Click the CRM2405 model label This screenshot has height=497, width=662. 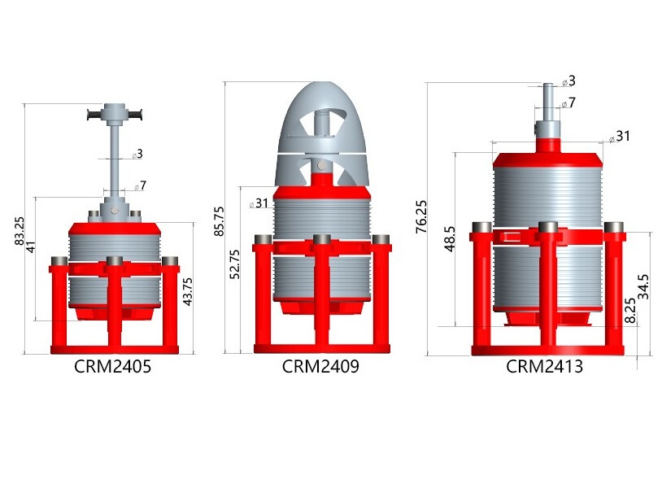tap(112, 367)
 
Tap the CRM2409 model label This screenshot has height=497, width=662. tap(320, 366)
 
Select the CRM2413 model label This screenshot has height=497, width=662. tap(545, 366)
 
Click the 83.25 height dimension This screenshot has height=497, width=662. tap(20, 230)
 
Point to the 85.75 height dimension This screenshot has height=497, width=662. tap(219, 220)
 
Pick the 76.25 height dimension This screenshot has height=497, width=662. tap(421, 216)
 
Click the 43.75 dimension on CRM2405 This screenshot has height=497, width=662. tap(187, 292)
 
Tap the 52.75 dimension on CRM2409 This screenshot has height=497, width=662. tap(235, 264)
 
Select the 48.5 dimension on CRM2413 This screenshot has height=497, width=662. tap(450, 239)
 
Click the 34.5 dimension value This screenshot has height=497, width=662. tap(643, 287)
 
